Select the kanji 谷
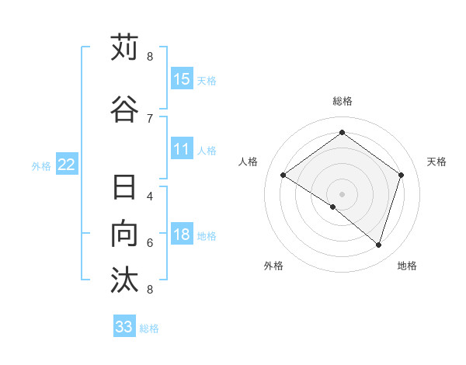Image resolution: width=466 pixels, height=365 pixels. [x=125, y=108]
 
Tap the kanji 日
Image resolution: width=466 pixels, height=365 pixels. [x=125, y=188]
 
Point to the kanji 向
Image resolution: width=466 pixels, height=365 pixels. [x=125, y=234]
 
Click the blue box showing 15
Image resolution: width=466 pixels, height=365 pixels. [x=182, y=79]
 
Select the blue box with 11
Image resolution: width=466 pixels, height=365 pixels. [x=182, y=150]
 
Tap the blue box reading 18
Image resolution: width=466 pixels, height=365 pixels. [x=182, y=235]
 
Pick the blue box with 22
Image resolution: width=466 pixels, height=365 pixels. [x=67, y=165]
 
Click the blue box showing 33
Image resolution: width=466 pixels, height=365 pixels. [x=124, y=327]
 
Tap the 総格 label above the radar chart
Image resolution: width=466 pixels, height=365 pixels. [x=342, y=101]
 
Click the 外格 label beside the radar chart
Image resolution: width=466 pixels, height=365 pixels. [x=273, y=266]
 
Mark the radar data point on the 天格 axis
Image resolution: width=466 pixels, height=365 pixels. [x=401, y=175]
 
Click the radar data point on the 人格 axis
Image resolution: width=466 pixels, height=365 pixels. [x=283, y=175]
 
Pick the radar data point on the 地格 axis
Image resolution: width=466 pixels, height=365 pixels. [x=378, y=245]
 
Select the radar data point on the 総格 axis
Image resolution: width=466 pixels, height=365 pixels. [x=342, y=133]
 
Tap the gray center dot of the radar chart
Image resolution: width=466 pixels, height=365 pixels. [x=342, y=193]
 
